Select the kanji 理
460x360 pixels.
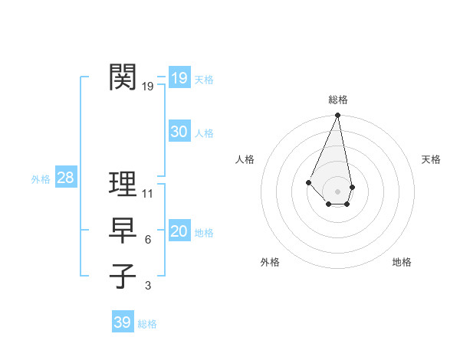123,184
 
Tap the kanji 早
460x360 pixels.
123,230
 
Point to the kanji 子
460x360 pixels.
123,276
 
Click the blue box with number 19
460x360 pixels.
179,77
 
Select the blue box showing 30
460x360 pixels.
179,132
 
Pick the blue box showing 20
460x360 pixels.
179,231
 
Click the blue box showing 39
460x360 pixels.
123,322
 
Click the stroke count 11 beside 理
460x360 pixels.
148,193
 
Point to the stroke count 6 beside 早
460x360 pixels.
148,240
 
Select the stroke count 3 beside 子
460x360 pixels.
148,286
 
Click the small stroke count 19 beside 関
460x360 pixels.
148,87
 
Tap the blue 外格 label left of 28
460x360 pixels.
41,179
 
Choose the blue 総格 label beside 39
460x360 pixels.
147,324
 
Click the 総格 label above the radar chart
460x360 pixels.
338,100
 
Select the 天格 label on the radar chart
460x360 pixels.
432,159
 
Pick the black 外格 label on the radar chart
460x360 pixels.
270,262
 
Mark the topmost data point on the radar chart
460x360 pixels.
338,116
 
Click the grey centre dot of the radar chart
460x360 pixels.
338,191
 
